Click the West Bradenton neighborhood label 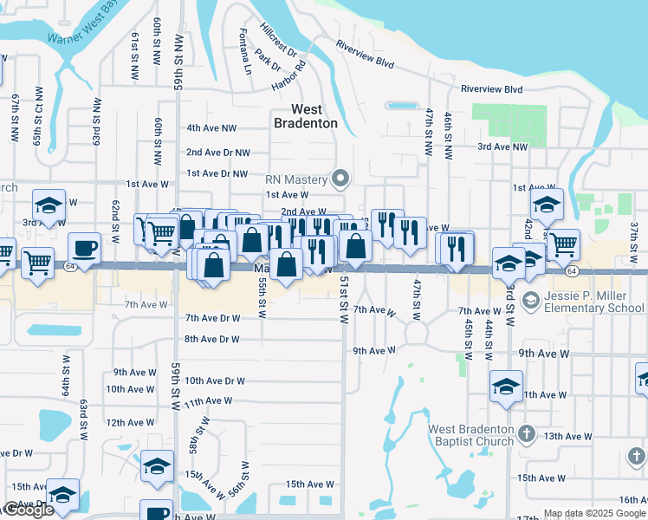click(x=306, y=116)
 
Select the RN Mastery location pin click(x=341, y=180)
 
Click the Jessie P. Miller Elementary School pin click(x=529, y=301)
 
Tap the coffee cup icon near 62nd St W click(x=85, y=249)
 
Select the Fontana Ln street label click(x=244, y=51)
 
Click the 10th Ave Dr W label click(x=215, y=380)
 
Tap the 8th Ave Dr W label click(x=211, y=339)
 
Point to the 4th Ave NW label click(x=211, y=128)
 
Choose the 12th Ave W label click(x=129, y=422)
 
